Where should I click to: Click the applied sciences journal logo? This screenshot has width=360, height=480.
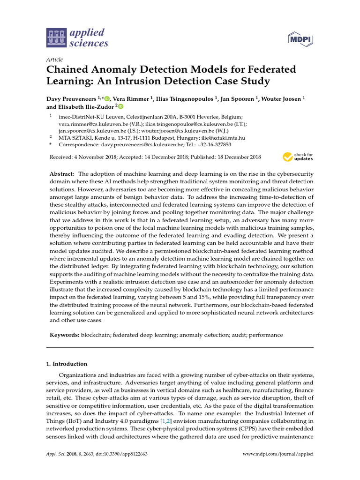point(77,38)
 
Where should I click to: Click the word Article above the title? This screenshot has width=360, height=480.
point(55,60)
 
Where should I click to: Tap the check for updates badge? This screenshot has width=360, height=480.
point(298,157)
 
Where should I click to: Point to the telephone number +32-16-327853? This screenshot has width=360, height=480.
point(214,145)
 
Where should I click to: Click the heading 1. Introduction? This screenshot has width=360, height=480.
point(66,364)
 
